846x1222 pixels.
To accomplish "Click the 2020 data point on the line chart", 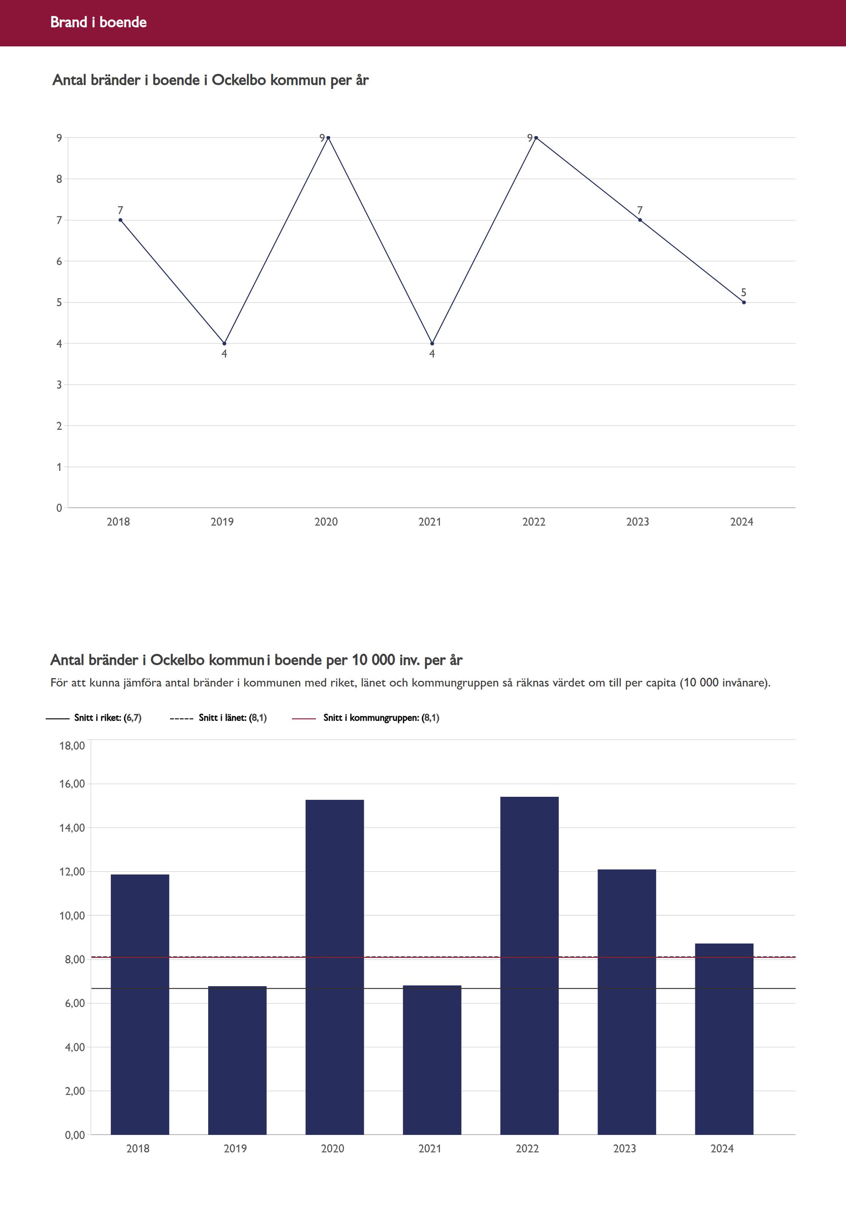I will pos(328,138).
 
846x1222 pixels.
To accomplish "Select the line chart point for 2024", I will pos(744,302).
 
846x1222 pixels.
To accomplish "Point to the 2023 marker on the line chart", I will pos(640,220).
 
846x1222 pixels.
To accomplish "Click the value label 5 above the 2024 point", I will pos(744,292).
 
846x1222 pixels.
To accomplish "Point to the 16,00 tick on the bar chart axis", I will pos(72,784).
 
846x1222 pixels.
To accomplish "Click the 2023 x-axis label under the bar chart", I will pos(625,1148).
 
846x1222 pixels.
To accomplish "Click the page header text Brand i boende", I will pos(99,22).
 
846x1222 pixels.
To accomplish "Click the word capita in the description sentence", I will pos(660,683).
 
